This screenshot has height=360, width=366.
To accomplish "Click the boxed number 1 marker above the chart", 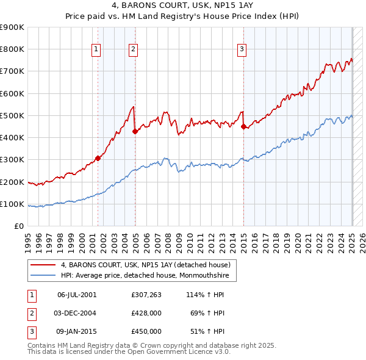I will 96,50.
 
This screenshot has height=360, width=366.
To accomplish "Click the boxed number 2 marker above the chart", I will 133,50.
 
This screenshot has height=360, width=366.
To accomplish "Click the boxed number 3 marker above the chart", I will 242,50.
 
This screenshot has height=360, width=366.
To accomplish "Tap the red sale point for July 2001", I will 98,157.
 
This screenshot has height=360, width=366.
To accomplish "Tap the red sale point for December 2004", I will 135,130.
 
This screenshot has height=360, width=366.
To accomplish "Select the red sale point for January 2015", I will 243,127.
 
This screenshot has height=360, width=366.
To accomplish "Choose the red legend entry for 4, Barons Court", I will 145,265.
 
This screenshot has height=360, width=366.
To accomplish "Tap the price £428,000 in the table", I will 146,313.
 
